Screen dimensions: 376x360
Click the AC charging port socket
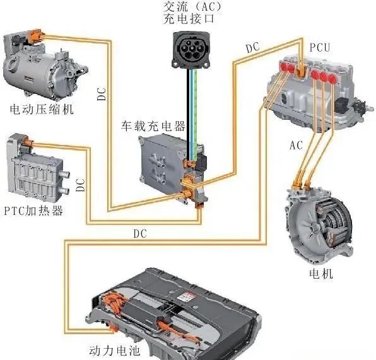click(x=191, y=50)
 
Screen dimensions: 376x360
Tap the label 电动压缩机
click(x=42, y=109)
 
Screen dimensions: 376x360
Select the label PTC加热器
click(x=33, y=211)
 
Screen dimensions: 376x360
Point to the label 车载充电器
click(x=153, y=126)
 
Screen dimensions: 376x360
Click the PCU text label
click(x=320, y=47)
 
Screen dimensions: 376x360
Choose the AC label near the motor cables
click(x=296, y=145)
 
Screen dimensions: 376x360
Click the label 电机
click(x=321, y=274)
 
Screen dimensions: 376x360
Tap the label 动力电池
click(x=114, y=351)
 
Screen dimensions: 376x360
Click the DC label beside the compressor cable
click(x=102, y=94)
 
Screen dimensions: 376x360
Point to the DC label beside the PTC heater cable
click(x=81, y=185)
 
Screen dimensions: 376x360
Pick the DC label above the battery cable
click(x=140, y=234)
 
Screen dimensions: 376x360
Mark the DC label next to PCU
click(x=253, y=47)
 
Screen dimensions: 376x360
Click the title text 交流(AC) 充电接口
click(x=192, y=13)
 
